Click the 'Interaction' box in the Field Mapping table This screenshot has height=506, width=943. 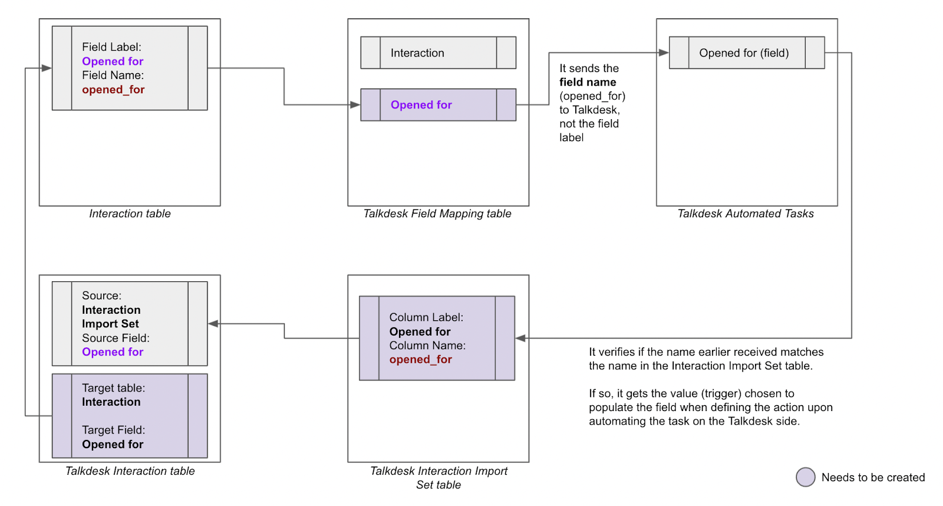coord(438,52)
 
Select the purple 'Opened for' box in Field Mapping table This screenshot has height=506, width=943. coord(438,105)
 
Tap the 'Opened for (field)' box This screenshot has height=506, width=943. coord(747,52)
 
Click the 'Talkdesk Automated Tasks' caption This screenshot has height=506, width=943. coord(746,213)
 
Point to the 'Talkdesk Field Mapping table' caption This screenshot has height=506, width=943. coord(437,213)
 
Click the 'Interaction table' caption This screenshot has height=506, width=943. coord(130,213)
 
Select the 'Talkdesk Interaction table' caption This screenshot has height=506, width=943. coord(130,471)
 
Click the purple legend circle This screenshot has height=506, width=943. coord(805,477)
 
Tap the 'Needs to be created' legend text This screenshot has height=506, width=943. coord(873,477)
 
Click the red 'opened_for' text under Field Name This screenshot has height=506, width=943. coord(113,90)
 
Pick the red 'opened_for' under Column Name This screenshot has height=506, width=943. coord(421,359)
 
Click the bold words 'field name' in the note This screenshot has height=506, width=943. coord(588,82)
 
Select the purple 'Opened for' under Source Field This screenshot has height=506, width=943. coord(113,352)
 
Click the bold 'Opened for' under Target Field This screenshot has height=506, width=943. coord(113,444)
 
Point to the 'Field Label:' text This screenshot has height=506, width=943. coord(111,47)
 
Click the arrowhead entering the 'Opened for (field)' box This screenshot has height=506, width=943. coord(664,52)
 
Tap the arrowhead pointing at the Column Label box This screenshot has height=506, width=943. coord(520,338)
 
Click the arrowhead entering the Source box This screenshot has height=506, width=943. coord(213,324)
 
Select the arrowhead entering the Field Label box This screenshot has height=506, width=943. coord(47,68)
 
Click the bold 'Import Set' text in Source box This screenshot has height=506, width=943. coord(110,324)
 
